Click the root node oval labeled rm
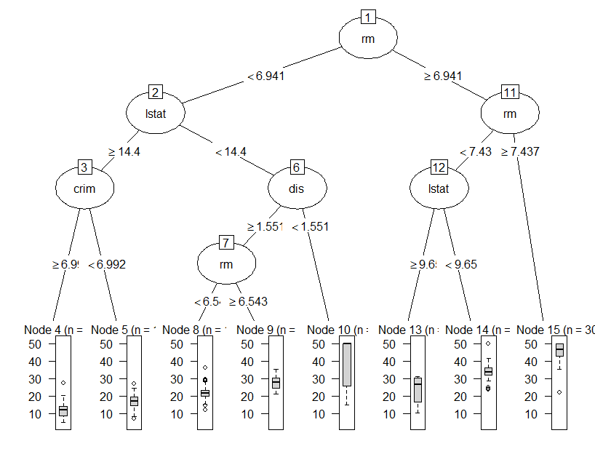(368, 39)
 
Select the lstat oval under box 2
(155, 114)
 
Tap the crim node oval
(84, 188)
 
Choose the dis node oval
(297, 189)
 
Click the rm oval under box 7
(226, 264)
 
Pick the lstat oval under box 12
(439, 189)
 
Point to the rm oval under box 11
(510, 114)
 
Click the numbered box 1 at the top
(369, 17)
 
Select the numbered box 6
(297, 167)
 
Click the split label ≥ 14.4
(124, 152)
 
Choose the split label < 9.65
(461, 264)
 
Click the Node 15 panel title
(555, 330)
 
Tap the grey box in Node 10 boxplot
(347, 364)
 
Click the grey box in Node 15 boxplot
(559, 350)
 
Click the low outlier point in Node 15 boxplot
(559, 392)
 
